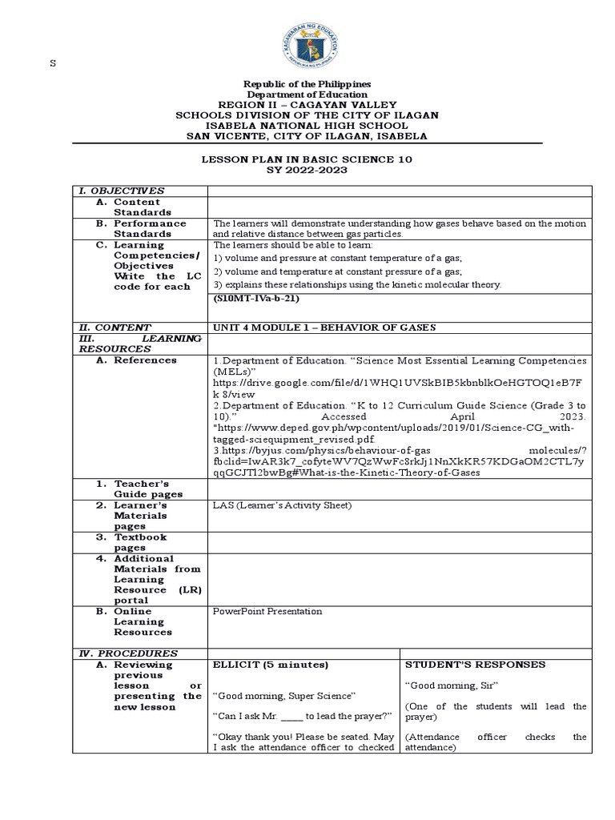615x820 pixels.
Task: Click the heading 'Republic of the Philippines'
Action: pyautogui.click(x=307, y=84)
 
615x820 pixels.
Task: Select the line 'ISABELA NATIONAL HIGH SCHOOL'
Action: pyautogui.click(x=307, y=126)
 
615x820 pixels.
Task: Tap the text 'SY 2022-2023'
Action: pyautogui.click(x=307, y=171)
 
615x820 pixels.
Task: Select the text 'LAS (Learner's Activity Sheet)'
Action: pyautogui.click(x=282, y=505)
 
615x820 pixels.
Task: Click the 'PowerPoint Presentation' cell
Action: pyautogui.click(x=267, y=611)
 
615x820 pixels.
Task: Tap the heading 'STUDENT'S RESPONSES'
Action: pyautogui.click(x=476, y=665)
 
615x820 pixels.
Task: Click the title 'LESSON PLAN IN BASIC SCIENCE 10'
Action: pyautogui.click(x=307, y=160)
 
